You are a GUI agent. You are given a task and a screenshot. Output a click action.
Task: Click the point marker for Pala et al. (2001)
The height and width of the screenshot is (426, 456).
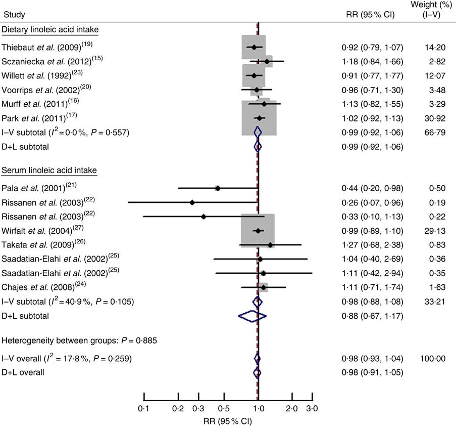pyautogui.click(x=218, y=188)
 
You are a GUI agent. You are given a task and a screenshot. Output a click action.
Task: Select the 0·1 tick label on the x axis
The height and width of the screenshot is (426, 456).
pyautogui.click(x=144, y=408)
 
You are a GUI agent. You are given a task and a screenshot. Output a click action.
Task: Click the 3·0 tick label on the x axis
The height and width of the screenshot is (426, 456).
pyautogui.click(x=312, y=408)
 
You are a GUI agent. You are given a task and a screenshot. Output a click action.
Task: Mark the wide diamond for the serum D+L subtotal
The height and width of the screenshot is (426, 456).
pyautogui.click(x=252, y=316)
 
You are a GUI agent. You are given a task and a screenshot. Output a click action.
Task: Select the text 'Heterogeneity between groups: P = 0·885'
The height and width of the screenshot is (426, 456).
pyautogui.click(x=79, y=340)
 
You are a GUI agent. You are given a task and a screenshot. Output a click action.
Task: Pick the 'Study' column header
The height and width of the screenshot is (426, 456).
pyautogui.click(x=14, y=14)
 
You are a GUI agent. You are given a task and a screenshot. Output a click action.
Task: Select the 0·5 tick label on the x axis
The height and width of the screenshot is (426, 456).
pyautogui.click(x=223, y=408)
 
